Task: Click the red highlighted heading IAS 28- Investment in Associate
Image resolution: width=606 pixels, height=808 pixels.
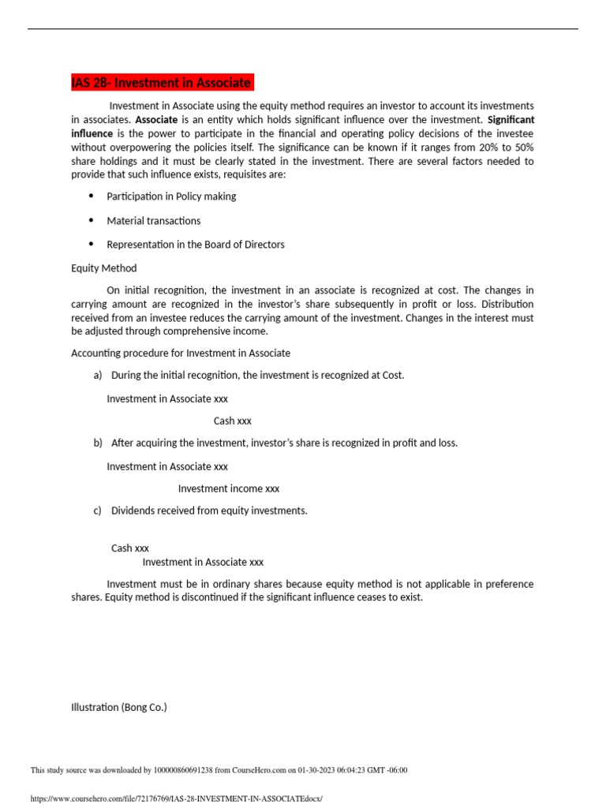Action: tap(162, 83)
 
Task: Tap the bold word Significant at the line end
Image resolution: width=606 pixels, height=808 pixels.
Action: tap(511, 120)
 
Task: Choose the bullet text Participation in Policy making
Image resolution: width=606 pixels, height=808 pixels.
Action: tap(171, 196)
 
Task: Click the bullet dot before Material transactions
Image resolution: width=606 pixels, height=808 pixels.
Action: tap(91, 220)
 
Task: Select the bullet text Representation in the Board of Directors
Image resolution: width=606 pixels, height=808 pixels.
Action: tap(196, 245)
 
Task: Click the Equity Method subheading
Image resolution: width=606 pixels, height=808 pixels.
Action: tap(104, 268)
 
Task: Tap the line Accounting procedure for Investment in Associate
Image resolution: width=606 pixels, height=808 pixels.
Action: tap(181, 353)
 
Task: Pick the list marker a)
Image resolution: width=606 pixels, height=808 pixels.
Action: tap(98, 375)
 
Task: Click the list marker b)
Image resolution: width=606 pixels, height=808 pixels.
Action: tap(98, 443)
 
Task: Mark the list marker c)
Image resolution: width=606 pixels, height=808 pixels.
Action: tap(98, 511)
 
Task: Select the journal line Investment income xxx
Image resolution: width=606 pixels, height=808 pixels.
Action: tap(229, 488)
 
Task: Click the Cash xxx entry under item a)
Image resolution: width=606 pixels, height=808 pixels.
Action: tap(233, 421)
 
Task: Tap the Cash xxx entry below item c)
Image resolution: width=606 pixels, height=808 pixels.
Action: tap(130, 548)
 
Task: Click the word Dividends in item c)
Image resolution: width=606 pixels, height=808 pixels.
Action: tap(133, 511)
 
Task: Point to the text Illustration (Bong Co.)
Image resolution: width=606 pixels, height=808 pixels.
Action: tap(119, 708)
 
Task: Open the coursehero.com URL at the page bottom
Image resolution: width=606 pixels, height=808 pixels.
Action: tap(177, 799)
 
